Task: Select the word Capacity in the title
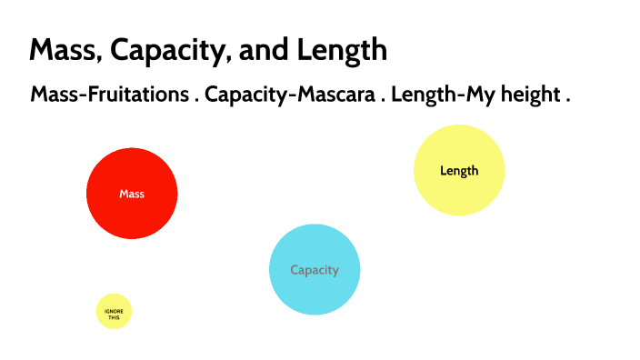[166, 50]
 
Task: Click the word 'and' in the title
[256, 50]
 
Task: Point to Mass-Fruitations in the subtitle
[108, 95]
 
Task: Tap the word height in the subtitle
[528, 95]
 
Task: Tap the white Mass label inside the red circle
[132, 194]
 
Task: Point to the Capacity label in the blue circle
[315, 270]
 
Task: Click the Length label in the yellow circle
[459, 171]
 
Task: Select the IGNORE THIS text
[114, 314]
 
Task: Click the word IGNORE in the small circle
[114, 311]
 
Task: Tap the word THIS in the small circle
[114, 317]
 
